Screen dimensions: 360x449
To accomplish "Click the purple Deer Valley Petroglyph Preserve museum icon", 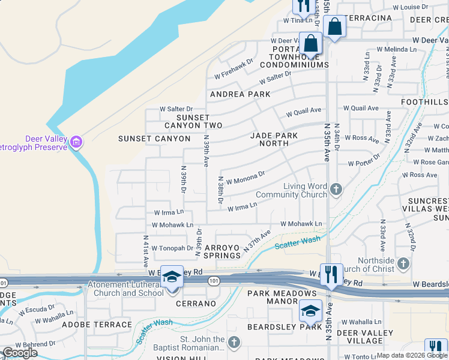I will pos(76,142).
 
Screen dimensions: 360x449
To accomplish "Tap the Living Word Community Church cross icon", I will pos(336,190).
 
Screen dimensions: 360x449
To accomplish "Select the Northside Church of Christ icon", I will pos(403,264).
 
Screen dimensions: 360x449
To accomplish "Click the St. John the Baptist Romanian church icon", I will pos(234,341).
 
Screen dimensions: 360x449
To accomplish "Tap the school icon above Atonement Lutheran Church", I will pos(172,277).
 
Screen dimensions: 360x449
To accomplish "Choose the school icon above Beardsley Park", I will pos(310,311).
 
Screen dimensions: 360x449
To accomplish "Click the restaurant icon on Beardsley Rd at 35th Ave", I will pos(331,275).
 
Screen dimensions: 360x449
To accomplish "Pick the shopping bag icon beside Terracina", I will pos(334,26).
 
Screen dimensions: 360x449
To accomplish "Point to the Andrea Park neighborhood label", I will pos(240,94).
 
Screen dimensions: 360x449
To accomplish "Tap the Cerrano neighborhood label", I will pos(196,304).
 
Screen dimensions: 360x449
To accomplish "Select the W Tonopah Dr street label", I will pos(172,248).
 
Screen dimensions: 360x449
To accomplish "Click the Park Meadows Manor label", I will pos(282,297).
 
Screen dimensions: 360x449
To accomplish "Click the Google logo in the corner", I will pos(20,353).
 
